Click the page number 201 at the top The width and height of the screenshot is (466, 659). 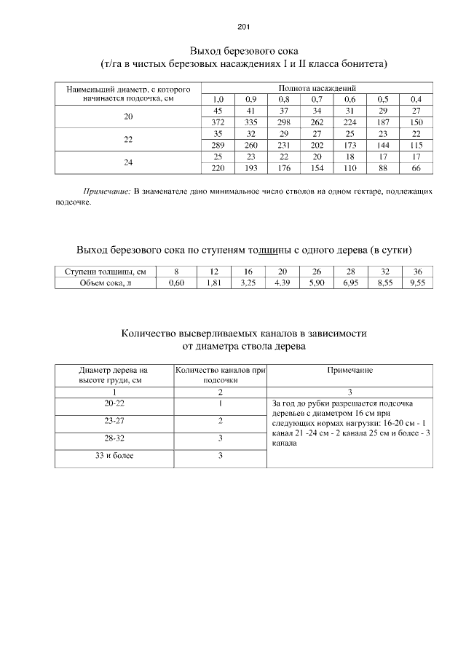tap(243, 27)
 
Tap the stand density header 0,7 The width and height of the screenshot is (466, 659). tap(316, 99)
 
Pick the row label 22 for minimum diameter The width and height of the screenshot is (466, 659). tap(128, 139)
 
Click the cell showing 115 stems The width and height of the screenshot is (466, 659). tap(416, 145)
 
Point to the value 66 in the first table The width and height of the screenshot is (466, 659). tap(416, 168)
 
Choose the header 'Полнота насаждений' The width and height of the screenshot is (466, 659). tap(317, 87)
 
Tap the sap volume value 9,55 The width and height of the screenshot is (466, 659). tap(416, 283)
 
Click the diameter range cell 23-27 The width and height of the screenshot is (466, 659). tap(113, 420)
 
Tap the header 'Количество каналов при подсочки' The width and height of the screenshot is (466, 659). tap(220, 374)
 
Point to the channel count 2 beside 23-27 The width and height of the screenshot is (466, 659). tap(220, 420)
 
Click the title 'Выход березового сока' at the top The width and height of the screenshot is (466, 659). tap(243, 52)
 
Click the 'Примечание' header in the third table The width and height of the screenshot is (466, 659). tap(349, 370)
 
